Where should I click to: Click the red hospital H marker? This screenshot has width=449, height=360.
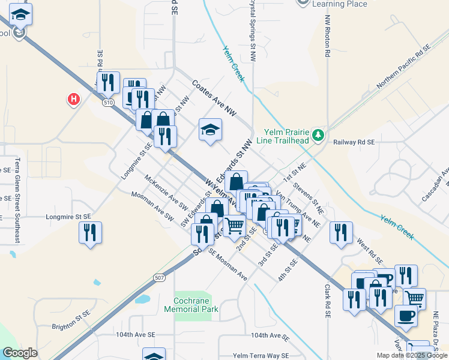point(74,98)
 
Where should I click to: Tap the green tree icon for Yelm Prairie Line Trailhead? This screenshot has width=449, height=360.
point(319,135)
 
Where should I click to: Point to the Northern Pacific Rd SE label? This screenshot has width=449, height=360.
point(404,67)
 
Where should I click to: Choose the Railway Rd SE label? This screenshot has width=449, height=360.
point(354,142)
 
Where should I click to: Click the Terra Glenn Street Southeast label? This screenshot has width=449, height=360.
point(18,200)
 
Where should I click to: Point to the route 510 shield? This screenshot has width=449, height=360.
point(108,103)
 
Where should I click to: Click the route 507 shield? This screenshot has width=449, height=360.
point(158,277)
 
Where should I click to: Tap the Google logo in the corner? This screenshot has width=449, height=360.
point(20,353)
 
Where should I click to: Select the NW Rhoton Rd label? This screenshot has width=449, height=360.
point(328,36)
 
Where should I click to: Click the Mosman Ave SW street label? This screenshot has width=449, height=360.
point(153,206)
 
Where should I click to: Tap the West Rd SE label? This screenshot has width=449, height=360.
point(370,251)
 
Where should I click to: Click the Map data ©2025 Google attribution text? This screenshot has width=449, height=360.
point(412,355)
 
